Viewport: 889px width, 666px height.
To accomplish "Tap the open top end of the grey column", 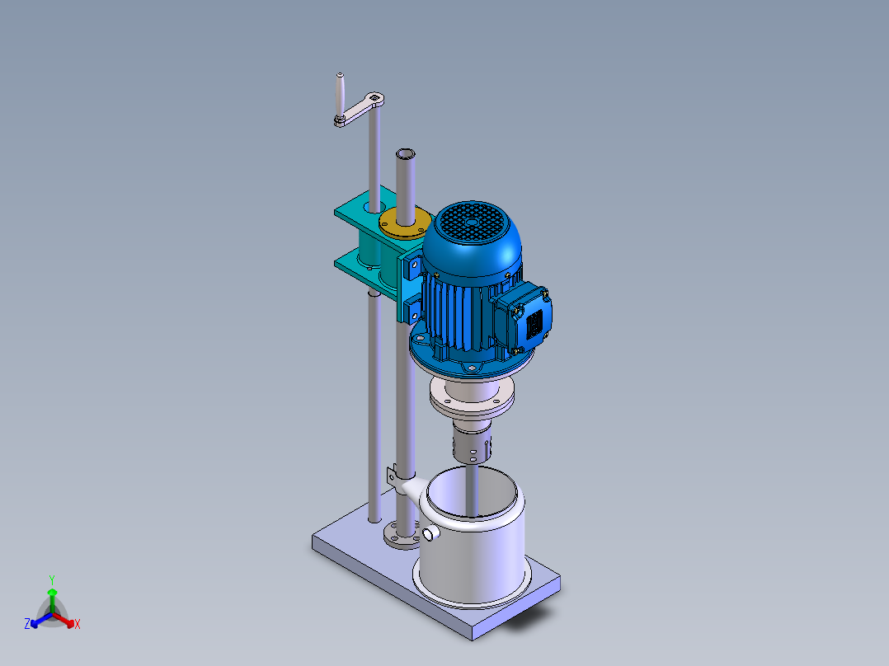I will [x=405, y=154].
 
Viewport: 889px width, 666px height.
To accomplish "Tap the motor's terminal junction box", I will [x=528, y=316].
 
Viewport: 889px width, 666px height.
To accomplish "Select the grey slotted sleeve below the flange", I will [x=471, y=446].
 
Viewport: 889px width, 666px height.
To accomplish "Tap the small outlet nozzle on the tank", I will [x=430, y=535].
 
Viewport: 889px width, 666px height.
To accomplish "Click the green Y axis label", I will [x=51, y=579].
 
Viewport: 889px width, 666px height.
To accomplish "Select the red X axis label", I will [x=78, y=625].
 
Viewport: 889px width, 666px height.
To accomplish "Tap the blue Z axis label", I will [x=27, y=625].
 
